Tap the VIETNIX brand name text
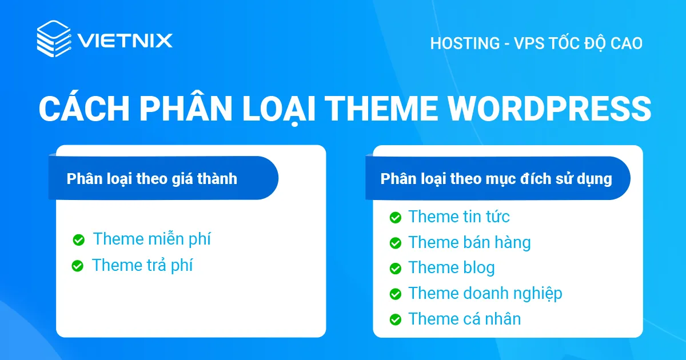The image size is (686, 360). (124, 41)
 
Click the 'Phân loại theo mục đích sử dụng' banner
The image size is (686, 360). (496, 178)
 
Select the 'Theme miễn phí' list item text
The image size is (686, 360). (151, 239)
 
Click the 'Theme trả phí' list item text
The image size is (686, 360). (142, 265)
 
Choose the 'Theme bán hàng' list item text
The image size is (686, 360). (469, 242)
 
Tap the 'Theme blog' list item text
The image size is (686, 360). (451, 267)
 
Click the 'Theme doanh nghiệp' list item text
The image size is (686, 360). (485, 293)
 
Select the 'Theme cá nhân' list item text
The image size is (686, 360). (464, 319)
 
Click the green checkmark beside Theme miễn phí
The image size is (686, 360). (79, 240)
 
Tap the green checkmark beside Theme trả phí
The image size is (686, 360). (78, 266)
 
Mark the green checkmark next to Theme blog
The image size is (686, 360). (395, 269)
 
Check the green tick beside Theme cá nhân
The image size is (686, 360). (395, 319)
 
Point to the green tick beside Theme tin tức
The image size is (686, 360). (395, 218)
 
